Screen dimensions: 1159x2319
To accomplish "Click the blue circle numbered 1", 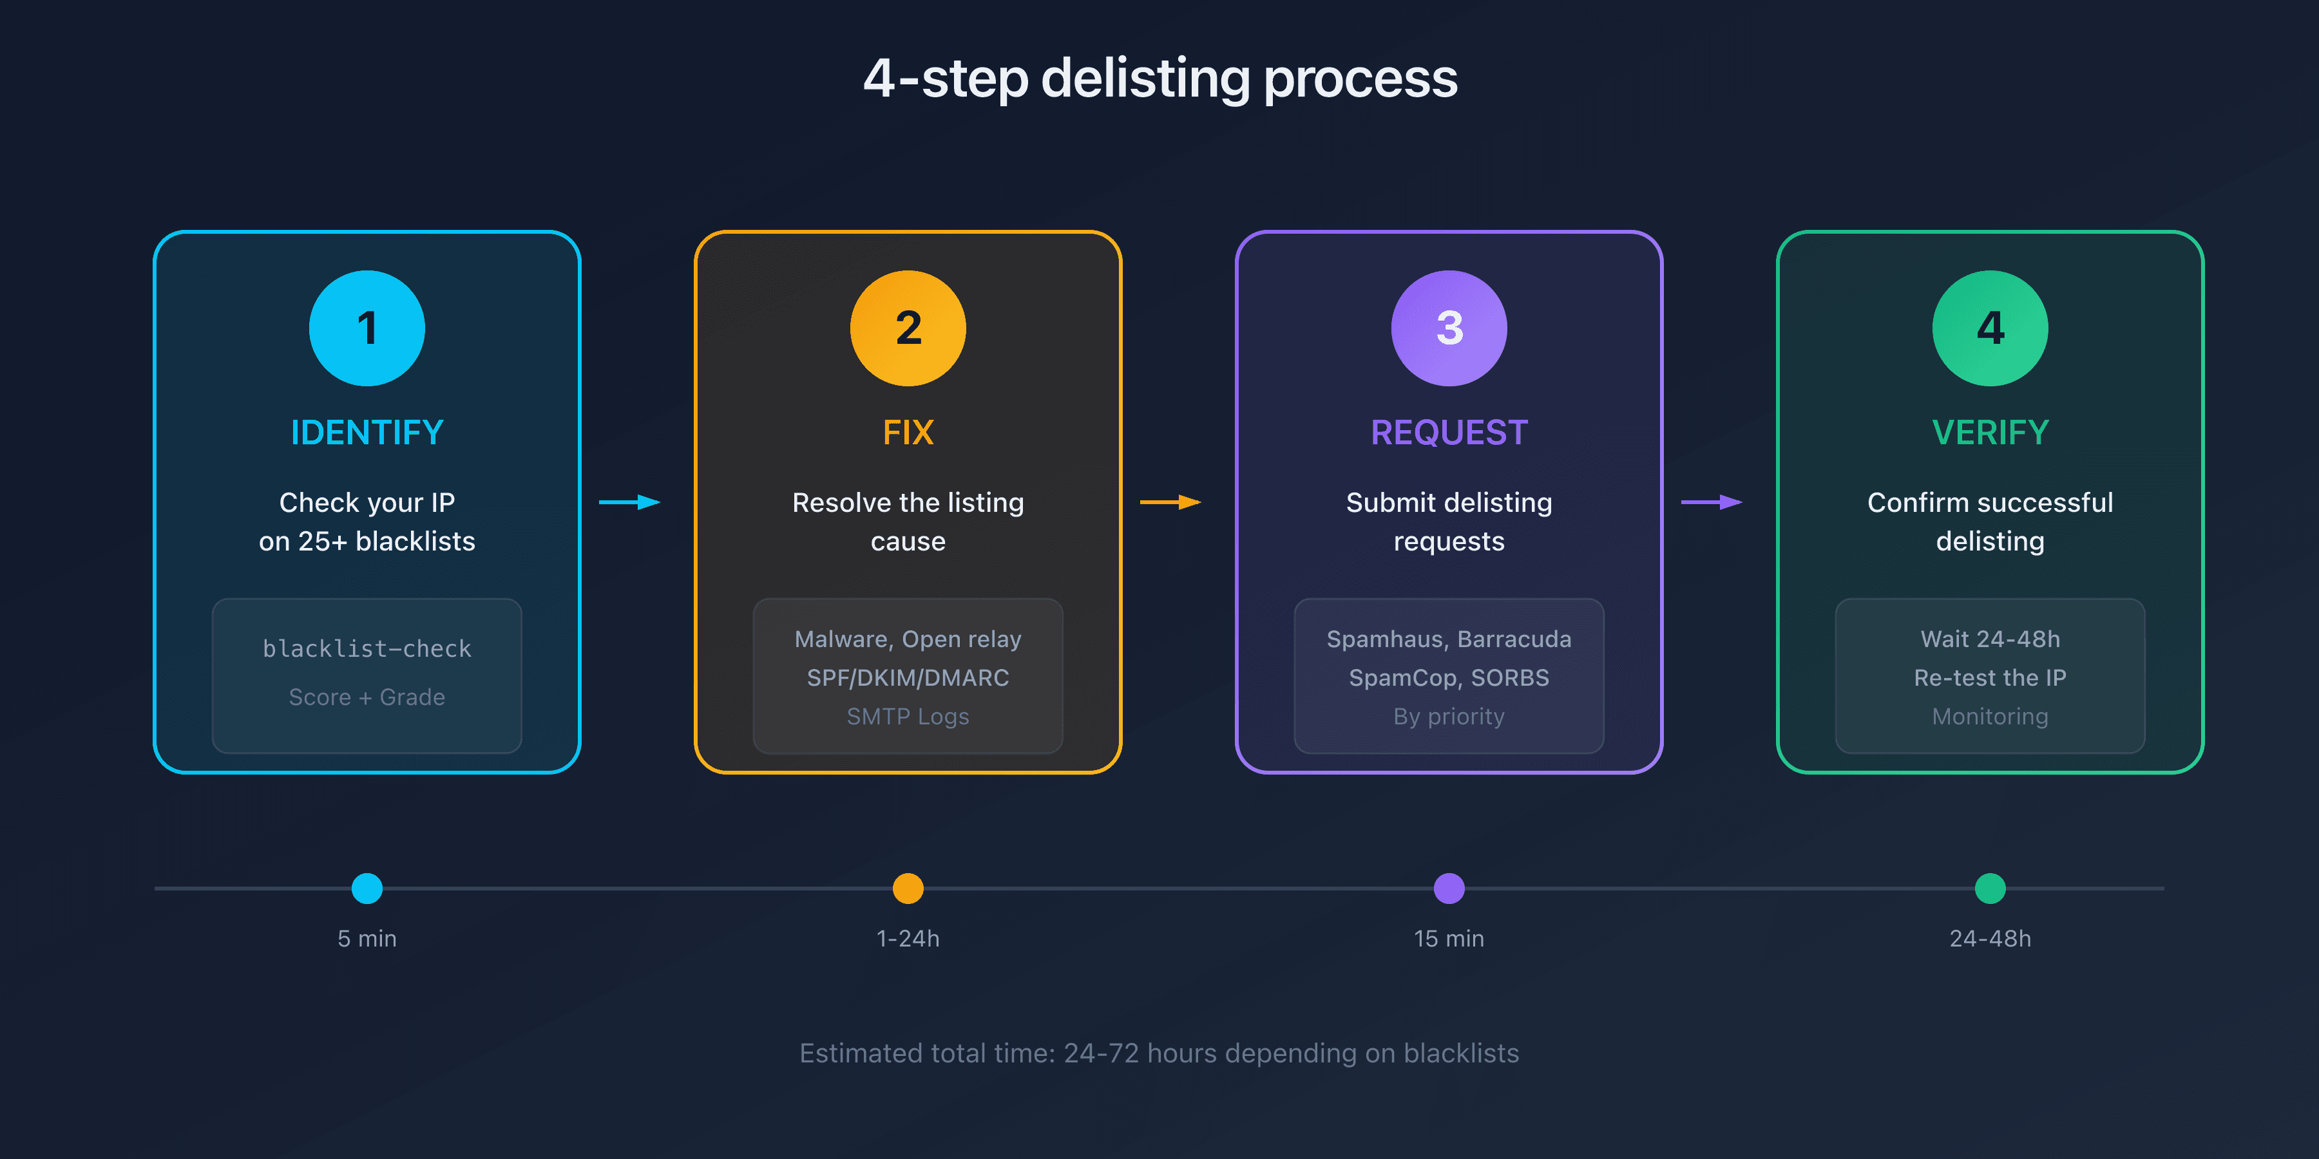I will tap(367, 328).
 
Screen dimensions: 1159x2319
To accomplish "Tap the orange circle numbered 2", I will tap(908, 328).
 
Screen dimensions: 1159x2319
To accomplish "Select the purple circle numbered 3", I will tap(1449, 328).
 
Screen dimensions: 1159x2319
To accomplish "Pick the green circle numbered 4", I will tap(1990, 328).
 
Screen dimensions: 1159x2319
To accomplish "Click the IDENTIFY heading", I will tap(367, 433).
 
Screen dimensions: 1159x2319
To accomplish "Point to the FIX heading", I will tap(908, 433).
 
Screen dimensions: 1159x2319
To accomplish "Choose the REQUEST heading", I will tap(1449, 433).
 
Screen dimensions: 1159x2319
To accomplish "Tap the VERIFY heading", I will tap(1990, 433).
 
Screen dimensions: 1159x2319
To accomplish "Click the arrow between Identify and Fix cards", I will tap(630, 502).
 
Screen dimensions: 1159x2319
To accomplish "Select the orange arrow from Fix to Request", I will tap(1170, 502).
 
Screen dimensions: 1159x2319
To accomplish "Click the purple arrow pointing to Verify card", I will tap(1712, 502).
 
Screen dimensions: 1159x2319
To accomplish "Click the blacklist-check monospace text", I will tap(367, 649).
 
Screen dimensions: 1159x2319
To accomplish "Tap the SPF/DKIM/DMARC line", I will tap(908, 677).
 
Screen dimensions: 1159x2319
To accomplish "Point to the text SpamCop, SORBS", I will tap(1449, 677).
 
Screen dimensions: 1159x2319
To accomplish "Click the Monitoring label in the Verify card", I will tap(1990, 716).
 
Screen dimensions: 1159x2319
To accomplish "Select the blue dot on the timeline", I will tap(367, 888).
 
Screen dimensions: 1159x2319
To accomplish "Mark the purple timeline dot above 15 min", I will tap(1449, 888).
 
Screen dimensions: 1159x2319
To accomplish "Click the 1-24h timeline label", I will tap(908, 939).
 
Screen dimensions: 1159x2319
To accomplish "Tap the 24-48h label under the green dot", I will tap(1990, 939).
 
